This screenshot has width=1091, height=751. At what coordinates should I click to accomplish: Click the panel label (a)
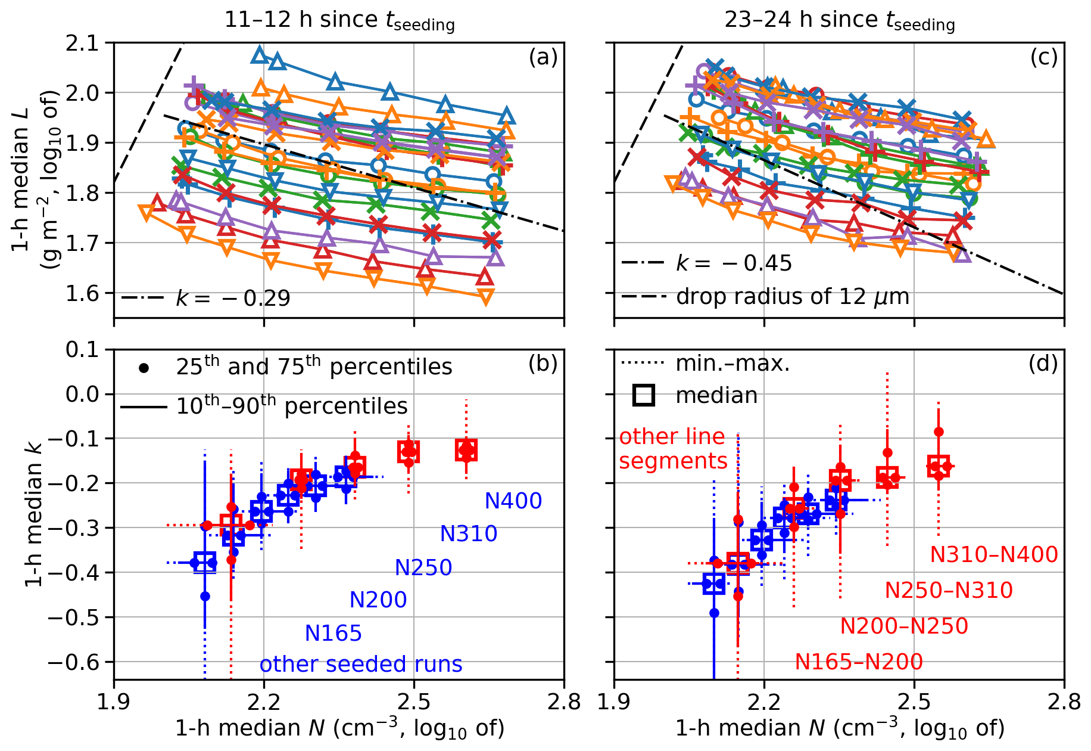pos(543,58)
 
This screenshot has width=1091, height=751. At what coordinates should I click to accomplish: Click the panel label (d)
pos(1043,363)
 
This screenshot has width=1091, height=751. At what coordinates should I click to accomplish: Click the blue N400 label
pos(513,501)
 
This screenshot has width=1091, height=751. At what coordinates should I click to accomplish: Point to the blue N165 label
pos(333,633)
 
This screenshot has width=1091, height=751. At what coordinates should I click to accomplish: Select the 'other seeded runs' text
pos(361,664)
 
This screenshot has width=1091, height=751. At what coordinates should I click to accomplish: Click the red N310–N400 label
pos(993,554)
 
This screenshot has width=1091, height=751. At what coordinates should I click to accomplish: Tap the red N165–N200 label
pos(859,662)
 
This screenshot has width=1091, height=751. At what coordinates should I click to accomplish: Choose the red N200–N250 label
pos(903,626)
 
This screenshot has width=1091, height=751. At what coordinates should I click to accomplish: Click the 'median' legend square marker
pos(644,395)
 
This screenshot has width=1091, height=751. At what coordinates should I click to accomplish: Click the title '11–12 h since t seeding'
pos(339,20)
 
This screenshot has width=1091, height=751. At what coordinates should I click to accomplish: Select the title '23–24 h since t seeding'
pos(839,20)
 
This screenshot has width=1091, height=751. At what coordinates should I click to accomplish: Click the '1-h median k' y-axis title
pos(35,514)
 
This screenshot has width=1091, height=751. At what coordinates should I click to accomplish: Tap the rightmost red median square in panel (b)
pos(466,450)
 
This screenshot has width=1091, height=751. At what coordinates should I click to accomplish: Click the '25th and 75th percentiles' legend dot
pos(143,368)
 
